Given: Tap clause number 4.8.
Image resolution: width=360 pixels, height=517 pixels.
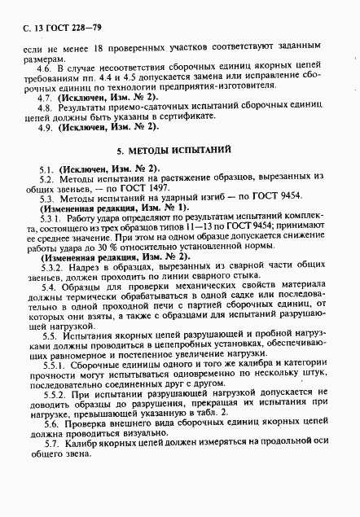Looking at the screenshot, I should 49,107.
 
